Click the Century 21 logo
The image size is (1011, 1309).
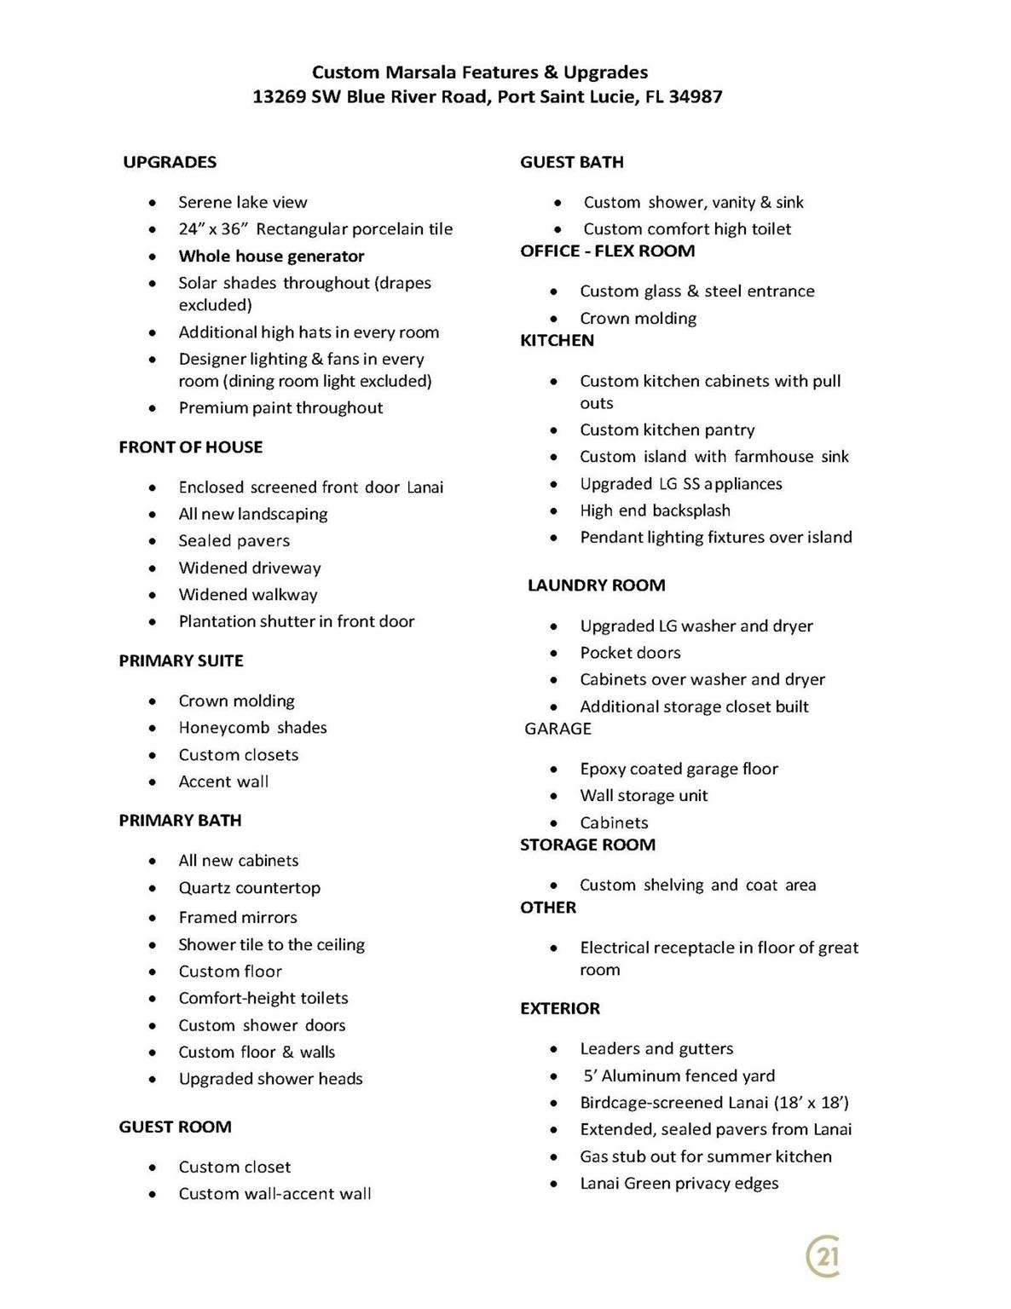[823, 1257]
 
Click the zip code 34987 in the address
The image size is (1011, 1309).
[695, 97]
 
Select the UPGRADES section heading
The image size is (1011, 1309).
[170, 162]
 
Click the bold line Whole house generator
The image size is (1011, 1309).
[271, 257]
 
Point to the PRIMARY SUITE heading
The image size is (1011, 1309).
[181, 660]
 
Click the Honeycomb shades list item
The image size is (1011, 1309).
[252, 728]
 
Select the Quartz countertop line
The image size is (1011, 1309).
[249, 888]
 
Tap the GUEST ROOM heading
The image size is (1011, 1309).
[175, 1127]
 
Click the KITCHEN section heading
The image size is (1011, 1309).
[557, 340]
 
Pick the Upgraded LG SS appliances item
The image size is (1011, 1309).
[680, 484]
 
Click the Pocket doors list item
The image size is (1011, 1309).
[630, 653]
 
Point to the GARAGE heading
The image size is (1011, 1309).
[557, 729]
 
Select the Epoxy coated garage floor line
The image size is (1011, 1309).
[679, 769]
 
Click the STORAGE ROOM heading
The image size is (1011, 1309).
[587, 845]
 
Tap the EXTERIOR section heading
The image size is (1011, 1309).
[560, 1008]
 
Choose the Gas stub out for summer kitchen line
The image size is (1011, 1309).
[705, 1156]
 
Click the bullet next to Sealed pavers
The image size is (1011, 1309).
[152, 541]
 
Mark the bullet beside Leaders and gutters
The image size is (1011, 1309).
[554, 1049]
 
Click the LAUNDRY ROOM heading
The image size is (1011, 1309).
[596, 585]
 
